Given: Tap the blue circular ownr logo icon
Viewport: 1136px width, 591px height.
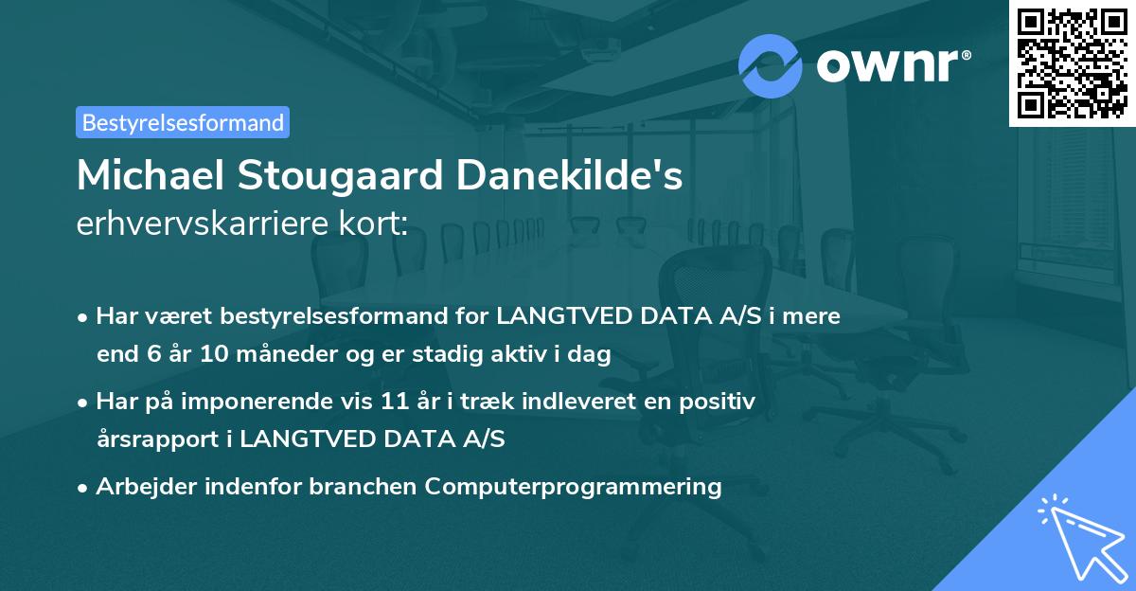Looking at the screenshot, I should [x=771, y=65].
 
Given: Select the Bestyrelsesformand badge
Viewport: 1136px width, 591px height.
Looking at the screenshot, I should [x=183, y=122].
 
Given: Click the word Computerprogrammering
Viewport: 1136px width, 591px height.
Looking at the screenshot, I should [x=573, y=487].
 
